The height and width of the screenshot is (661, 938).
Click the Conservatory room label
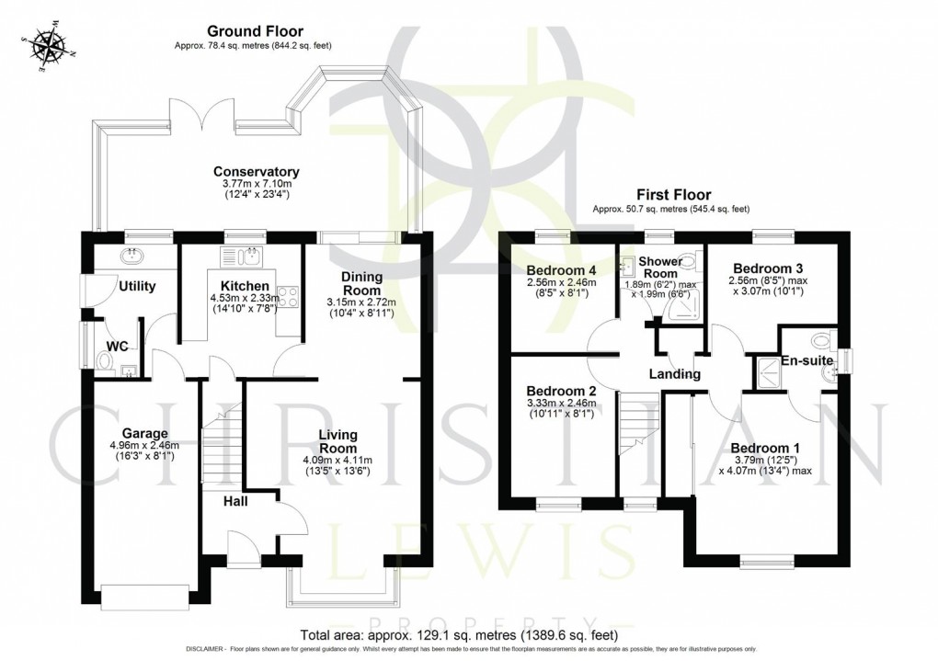(x=257, y=172)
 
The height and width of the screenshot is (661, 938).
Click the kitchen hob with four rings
(x=286, y=297)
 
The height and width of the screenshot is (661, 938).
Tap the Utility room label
(x=137, y=287)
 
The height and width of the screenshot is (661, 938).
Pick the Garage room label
(x=145, y=433)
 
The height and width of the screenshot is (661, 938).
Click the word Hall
(x=235, y=502)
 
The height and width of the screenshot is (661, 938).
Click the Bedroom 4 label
(x=562, y=270)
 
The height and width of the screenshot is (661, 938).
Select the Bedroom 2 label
(x=562, y=391)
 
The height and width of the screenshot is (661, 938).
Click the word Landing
(x=674, y=374)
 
